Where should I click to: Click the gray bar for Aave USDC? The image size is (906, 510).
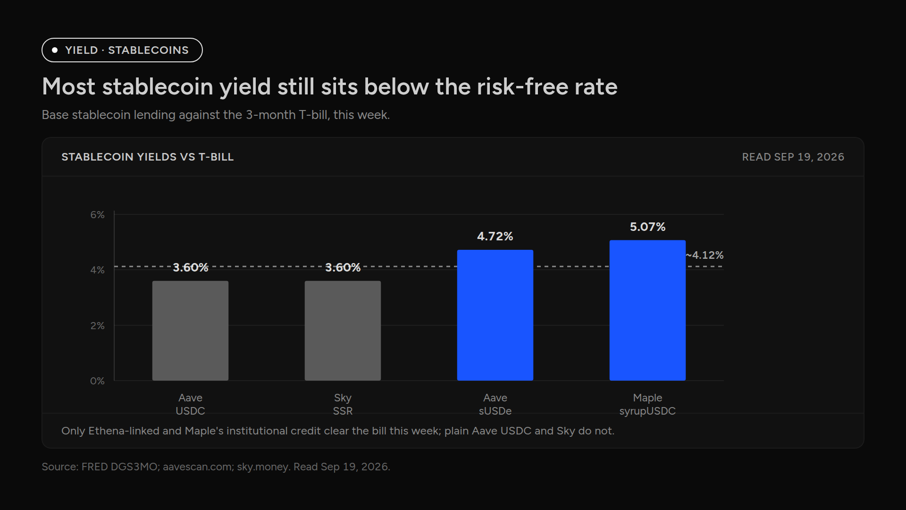click(x=190, y=331)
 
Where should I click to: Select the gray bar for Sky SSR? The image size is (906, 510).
click(x=343, y=331)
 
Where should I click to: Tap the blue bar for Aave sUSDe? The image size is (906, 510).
click(x=495, y=315)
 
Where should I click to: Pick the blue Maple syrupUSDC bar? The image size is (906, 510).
click(x=647, y=310)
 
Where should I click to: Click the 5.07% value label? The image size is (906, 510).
click(x=647, y=227)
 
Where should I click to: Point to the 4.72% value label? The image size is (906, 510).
click(x=495, y=236)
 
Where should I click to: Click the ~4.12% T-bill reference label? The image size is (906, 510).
click(x=705, y=255)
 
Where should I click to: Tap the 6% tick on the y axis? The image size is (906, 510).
click(x=97, y=215)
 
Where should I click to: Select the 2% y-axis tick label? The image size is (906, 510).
click(x=97, y=325)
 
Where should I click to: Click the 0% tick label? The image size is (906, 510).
click(x=97, y=381)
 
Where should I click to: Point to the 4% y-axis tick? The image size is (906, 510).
click(x=97, y=270)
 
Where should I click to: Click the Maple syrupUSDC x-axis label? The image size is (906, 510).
click(x=647, y=404)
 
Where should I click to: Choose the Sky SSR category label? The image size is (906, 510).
click(x=343, y=404)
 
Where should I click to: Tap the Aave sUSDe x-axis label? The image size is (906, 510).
click(x=495, y=404)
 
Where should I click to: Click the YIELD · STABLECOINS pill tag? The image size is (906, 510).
click(x=122, y=50)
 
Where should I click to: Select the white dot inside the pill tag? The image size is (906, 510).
click(x=55, y=50)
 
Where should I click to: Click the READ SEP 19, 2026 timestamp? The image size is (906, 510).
click(x=793, y=157)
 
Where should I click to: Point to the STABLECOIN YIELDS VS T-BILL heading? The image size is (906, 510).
click(x=148, y=157)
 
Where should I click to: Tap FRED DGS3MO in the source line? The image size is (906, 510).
click(x=119, y=467)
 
